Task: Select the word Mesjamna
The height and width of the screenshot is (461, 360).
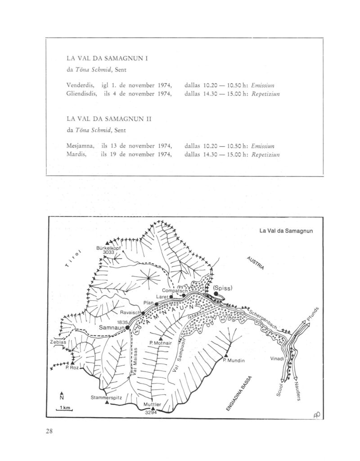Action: [x=80, y=146]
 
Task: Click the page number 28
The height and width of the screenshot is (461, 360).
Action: [x=49, y=433]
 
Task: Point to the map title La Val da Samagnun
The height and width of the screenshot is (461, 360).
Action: [x=286, y=231]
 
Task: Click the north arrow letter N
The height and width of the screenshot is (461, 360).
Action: [x=62, y=397]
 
